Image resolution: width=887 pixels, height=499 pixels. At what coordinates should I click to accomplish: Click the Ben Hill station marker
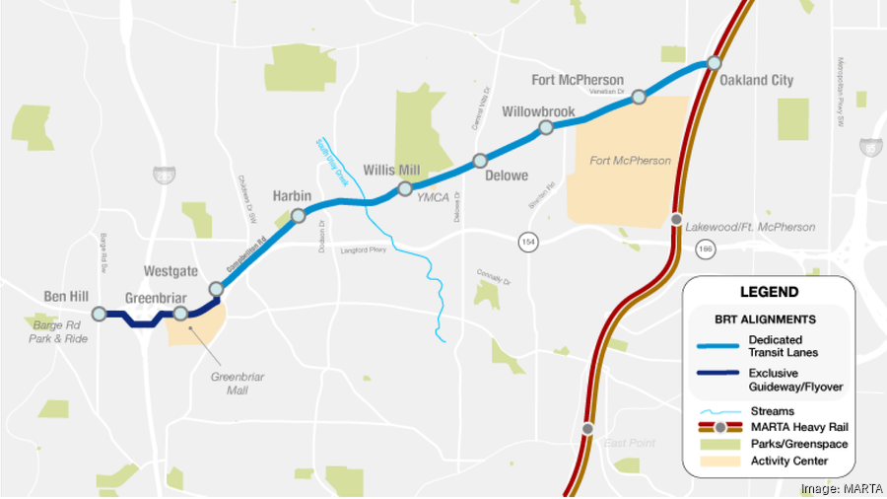tap(99, 314)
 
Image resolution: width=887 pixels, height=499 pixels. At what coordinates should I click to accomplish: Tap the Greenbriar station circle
tap(180, 314)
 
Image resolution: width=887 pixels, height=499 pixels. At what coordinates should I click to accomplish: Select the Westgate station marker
tap(217, 288)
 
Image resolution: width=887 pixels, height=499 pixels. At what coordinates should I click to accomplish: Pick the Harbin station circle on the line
tap(298, 213)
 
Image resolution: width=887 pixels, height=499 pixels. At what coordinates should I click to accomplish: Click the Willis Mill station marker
tap(404, 187)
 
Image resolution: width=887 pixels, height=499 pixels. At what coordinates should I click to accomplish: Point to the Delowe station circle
tap(480, 160)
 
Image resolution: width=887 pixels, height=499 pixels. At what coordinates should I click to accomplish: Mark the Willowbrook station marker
tap(545, 128)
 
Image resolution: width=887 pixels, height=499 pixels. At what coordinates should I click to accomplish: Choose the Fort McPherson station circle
tap(639, 97)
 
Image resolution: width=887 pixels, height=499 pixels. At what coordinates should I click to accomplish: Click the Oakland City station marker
tap(713, 64)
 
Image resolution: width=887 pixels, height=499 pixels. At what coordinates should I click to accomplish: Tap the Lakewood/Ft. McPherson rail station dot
tap(676, 219)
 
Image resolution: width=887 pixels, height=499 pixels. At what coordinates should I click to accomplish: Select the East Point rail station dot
tap(587, 428)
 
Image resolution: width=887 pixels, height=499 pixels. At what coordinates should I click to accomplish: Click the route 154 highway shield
tap(529, 240)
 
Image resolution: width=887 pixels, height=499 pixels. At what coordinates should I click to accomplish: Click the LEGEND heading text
tap(769, 293)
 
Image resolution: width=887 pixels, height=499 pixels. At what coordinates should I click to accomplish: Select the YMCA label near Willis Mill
tap(433, 197)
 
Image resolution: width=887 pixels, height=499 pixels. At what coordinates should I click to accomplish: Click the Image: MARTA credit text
tap(840, 488)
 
